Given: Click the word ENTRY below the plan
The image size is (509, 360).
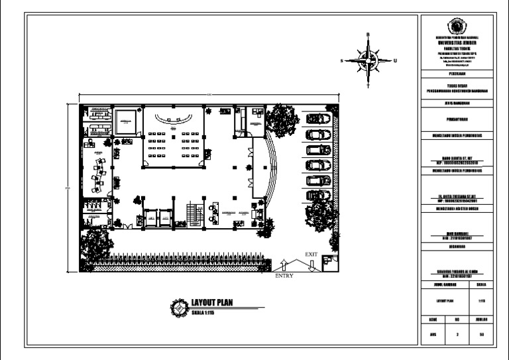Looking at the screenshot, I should point(284,276).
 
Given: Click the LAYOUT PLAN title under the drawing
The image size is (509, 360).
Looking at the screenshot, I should point(211,304).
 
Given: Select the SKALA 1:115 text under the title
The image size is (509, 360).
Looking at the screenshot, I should point(207,312).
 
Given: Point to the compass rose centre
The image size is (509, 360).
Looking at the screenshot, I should point(368,60).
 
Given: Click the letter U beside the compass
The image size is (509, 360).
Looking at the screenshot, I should point(395,60).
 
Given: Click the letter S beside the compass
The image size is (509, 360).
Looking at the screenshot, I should point(342,60).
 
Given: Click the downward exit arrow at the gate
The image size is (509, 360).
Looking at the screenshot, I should point(310,265).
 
